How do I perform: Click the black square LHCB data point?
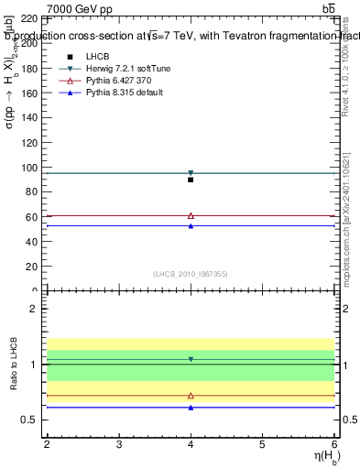[191, 180]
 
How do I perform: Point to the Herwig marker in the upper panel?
[191, 172]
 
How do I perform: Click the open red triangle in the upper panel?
[191, 215]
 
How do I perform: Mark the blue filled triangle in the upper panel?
[191, 225]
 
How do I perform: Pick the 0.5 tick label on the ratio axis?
[28, 420]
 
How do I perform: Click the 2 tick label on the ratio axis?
[34, 310]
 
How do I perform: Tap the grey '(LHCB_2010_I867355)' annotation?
[190, 274]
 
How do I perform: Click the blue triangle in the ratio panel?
[191, 407]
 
